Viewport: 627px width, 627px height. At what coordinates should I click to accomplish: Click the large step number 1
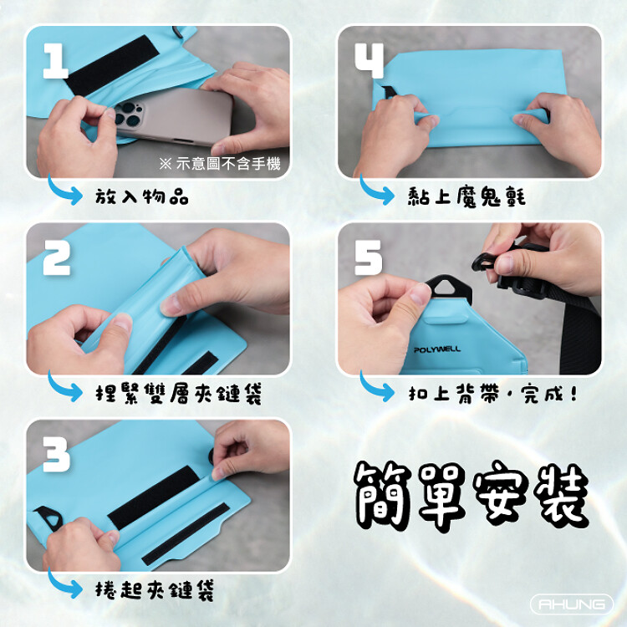(x=56, y=61)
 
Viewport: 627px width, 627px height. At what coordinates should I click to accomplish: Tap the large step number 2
(x=57, y=257)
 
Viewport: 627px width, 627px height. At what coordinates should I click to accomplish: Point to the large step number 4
(x=370, y=61)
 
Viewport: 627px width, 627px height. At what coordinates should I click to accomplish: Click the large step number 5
(x=369, y=257)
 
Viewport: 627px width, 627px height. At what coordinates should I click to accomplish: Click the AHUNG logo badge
(x=572, y=604)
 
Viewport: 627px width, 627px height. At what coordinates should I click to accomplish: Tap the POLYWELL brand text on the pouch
(x=437, y=349)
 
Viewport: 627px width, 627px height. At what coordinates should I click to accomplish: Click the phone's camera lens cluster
(x=128, y=114)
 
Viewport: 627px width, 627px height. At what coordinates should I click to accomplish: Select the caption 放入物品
(x=141, y=196)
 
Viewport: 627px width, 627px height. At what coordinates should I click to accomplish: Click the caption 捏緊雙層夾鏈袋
(x=179, y=394)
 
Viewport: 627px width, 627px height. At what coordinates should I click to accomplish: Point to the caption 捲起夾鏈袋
(x=155, y=590)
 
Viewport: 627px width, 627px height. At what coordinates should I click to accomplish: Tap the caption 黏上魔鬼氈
(x=466, y=196)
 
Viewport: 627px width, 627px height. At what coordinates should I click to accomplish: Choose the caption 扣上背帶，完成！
(x=492, y=394)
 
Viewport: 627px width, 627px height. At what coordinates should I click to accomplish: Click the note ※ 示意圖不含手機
(x=220, y=164)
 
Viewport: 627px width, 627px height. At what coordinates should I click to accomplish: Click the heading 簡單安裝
(x=472, y=495)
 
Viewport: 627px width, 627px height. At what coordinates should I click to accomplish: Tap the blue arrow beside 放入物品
(x=64, y=191)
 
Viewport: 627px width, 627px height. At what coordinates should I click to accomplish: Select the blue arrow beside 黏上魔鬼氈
(x=376, y=191)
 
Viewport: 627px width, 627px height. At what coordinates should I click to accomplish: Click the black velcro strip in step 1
(x=112, y=66)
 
